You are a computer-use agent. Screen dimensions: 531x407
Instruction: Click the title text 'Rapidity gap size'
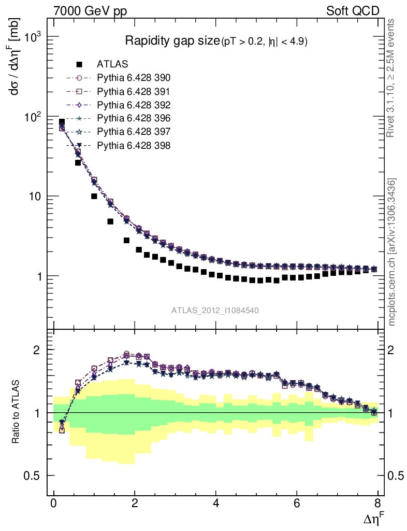pos(172,41)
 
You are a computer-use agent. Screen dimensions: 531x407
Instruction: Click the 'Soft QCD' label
pos(353,11)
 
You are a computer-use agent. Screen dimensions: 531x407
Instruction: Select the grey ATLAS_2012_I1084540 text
pos(215,311)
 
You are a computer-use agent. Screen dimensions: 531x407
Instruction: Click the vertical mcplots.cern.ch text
pos(392,252)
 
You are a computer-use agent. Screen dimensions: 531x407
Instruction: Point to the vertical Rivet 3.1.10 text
pos(392,78)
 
